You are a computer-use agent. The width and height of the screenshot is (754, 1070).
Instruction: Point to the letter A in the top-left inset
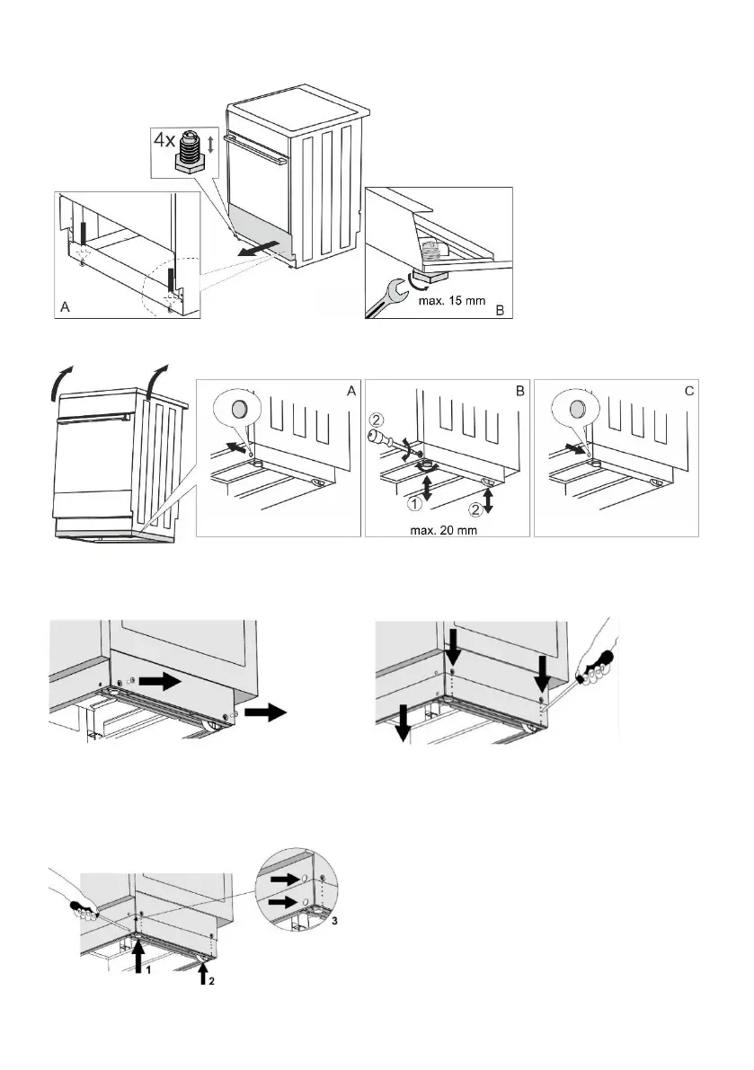click(x=65, y=307)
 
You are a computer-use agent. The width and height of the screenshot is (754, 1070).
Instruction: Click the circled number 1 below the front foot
click(x=415, y=506)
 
